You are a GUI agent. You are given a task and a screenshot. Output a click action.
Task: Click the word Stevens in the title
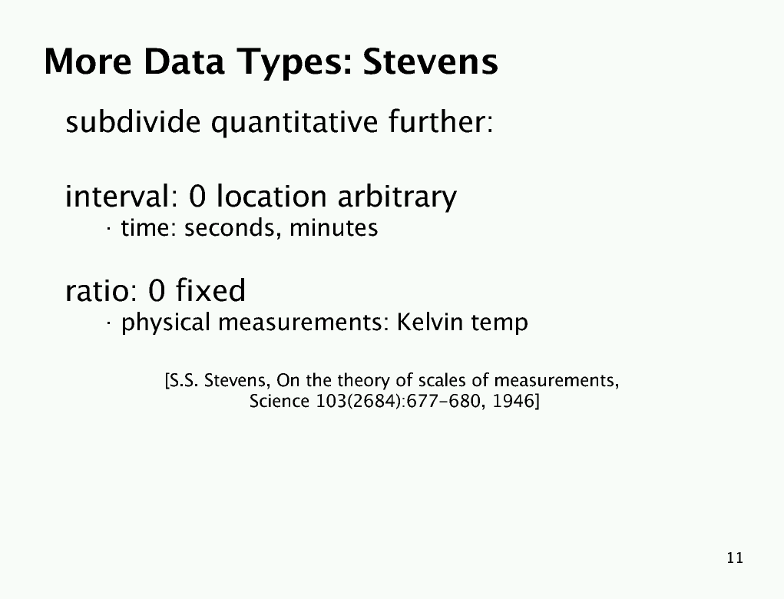point(430,61)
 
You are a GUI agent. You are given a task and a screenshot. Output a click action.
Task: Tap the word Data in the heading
point(184,61)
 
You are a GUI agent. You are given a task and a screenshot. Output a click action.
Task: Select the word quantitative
point(295,123)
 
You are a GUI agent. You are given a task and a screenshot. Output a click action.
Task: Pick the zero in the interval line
point(197,196)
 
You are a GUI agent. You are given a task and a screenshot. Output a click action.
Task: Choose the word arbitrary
point(397,197)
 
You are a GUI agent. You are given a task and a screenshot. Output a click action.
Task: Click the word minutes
point(333,228)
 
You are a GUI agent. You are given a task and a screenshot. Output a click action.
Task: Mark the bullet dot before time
point(108,230)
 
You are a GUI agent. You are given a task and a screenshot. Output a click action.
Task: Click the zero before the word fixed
point(157,290)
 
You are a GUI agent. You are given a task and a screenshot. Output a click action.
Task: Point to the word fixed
point(210,290)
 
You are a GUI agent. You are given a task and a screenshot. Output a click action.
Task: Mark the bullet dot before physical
point(108,324)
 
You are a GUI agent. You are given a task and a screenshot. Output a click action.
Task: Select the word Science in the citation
point(280,401)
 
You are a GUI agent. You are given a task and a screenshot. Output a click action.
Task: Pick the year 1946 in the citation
point(514,401)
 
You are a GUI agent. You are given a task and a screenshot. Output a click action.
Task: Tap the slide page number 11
point(735,558)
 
